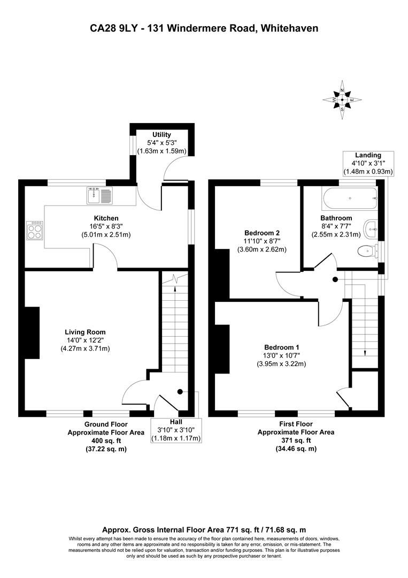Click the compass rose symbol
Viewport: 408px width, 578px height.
point(342,100)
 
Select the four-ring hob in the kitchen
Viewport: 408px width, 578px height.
point(35,231)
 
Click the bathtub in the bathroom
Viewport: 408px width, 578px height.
point(350,199)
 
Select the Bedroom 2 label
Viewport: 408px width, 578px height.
point(262,233)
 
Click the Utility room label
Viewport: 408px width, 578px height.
point(161,134)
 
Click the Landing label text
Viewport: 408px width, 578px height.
point(368,155)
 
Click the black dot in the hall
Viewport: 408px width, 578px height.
point(180,391)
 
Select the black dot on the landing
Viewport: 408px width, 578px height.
point(335,279)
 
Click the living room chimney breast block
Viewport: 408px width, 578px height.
point(32,332)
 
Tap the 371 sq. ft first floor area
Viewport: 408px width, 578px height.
point(296,440)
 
